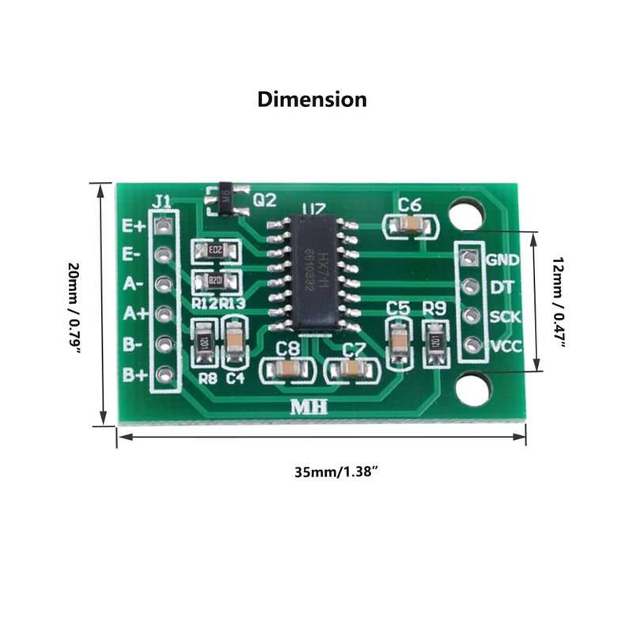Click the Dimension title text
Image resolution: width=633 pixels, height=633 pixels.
[312, 100]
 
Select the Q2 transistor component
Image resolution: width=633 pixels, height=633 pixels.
[227, 199]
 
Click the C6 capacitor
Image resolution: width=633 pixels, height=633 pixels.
[410, 226]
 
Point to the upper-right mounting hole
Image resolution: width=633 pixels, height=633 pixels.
[466, 214]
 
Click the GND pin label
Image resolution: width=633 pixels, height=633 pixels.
[502, 260]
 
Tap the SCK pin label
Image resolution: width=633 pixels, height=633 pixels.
[503, 316]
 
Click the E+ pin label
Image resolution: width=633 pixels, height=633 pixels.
[132, 226]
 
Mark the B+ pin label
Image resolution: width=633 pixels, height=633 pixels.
[132, 374]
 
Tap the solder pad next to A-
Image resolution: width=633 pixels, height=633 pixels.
[164, 283]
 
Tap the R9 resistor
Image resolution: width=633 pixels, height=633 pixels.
[434, 342]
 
